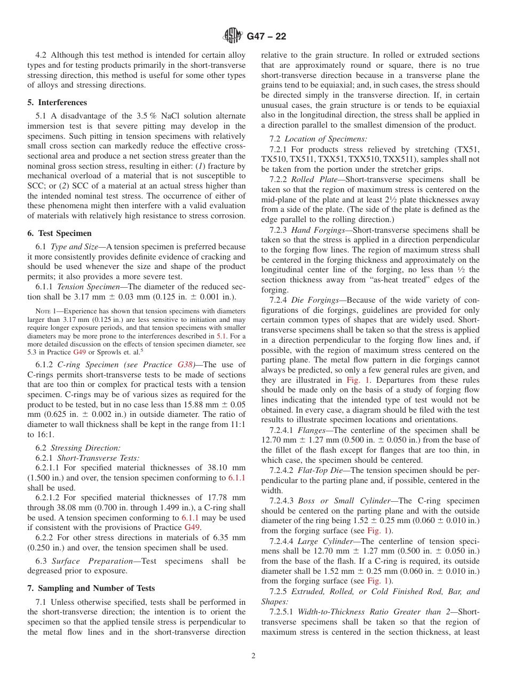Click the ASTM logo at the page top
coord(233,36)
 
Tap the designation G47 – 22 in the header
coord(266,36)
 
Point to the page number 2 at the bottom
coord(253,656)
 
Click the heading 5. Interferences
coord(57,102)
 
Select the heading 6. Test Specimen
coord(59,233)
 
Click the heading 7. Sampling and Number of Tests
coord(91,588)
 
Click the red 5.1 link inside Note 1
coord(220,336)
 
